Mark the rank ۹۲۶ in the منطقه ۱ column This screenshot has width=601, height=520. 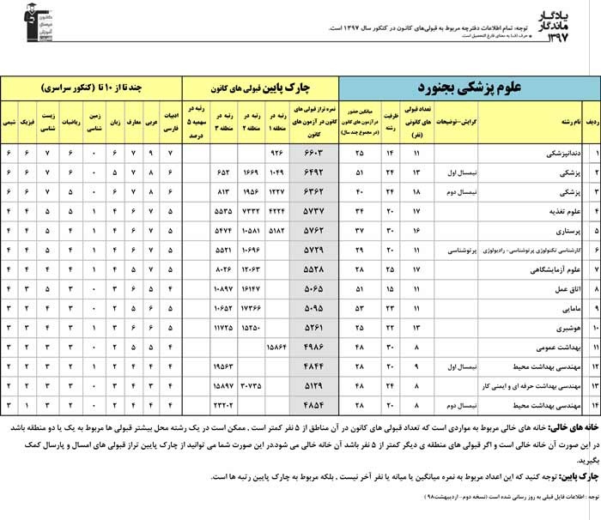click(x=276, y=154)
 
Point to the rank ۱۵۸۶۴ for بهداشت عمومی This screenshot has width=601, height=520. click(x=275, y=347)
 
